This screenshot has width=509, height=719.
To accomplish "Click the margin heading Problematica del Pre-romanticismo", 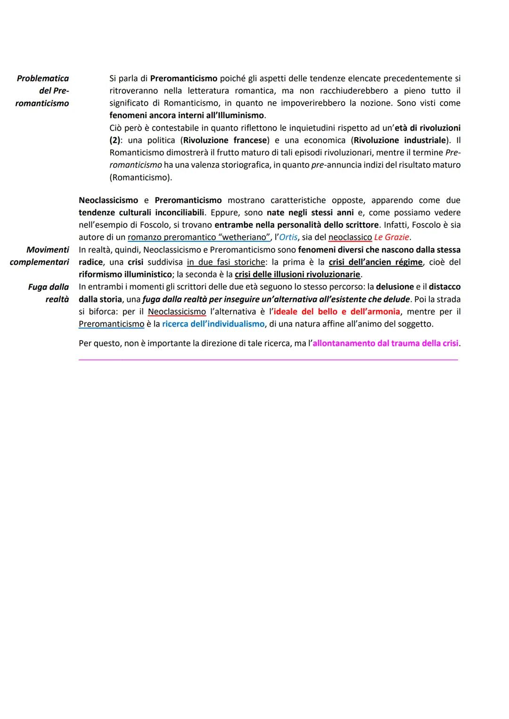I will click(42, 90).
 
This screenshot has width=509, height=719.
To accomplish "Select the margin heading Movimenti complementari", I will click(40, 256).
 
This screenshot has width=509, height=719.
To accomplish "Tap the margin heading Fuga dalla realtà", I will click(49, 293).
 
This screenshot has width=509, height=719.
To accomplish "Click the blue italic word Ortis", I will click(288, 237).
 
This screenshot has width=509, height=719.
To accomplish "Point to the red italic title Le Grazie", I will click(391, 237).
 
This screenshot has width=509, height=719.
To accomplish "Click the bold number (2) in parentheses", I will click(115, 140).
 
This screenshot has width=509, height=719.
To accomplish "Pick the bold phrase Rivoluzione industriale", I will click(400, 140).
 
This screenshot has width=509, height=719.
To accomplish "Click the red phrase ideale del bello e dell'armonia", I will click(337, 311).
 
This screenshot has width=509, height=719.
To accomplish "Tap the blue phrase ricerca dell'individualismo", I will click(213, 324).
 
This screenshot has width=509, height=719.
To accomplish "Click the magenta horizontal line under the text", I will click(268, 360).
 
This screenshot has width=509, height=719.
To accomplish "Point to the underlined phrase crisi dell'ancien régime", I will click(376, 262).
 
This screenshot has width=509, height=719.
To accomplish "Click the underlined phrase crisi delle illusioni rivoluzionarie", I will click(297, 274).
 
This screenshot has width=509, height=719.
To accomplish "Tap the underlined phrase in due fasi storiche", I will click(226, 262).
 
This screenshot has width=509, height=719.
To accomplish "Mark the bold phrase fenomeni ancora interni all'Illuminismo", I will click(187, 115).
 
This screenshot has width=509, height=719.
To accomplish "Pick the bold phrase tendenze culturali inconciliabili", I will click(141, 212).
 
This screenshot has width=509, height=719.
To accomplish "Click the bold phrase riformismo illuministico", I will click(125, 274).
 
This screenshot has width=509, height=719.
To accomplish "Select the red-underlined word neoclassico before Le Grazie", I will click(350, 237).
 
